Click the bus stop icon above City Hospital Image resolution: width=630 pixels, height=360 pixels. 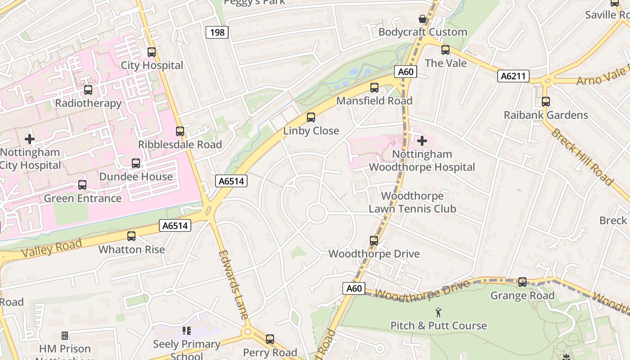tap(152, 52)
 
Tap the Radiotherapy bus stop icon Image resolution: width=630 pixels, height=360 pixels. tap(88, 90)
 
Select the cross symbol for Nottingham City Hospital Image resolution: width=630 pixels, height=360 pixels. tap(30, 139)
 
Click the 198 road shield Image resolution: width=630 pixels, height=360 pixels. tap(217, 32)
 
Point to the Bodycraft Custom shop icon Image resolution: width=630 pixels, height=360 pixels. tap(423, 19)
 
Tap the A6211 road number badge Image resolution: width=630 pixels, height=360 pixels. tap(513, 76)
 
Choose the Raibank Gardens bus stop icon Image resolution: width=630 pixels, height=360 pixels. tap(546, 102)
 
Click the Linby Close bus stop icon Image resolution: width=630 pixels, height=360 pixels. tap(311, 117)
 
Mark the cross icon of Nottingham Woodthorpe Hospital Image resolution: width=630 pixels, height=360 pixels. tap(422, 141)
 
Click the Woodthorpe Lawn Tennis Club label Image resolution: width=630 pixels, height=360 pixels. tap(412, 202)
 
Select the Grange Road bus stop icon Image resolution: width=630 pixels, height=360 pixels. tap(522, 282)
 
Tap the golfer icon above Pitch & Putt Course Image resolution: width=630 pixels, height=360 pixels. tap(438, 312)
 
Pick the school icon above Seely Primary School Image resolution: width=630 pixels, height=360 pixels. tap(187, 331)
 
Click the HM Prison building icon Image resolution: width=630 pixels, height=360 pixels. tap(65, 336)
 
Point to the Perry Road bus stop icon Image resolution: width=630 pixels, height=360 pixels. tap(270, 339)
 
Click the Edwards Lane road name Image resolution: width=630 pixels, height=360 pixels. tap(233, 284)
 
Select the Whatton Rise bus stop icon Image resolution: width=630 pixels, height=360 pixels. tap(131, 236)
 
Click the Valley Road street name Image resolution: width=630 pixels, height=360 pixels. tap(51, 248)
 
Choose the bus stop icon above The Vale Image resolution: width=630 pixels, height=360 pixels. tap(445, 50)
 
